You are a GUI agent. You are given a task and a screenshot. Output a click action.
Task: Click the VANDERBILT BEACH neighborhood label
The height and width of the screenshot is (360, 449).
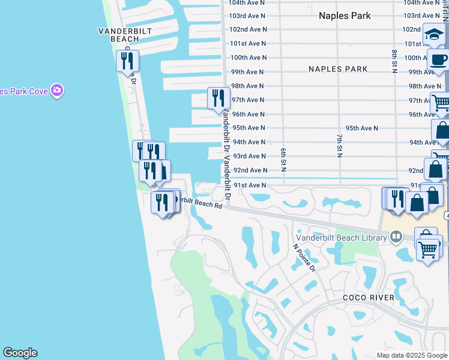click(x=125, y=35)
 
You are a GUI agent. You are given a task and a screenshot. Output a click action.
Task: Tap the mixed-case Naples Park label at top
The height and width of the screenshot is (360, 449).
click(x=345, y=16)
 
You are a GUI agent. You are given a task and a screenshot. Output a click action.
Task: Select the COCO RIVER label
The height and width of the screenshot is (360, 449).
click(x=369, y=298)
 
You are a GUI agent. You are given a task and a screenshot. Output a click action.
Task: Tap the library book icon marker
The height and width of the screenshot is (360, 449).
click(x=396, y=237)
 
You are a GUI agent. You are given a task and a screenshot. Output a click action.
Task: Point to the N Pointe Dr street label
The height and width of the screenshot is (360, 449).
click(x=304, y=257)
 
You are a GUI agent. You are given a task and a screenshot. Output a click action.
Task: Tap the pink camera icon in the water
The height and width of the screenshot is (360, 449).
click(x=58, y=91)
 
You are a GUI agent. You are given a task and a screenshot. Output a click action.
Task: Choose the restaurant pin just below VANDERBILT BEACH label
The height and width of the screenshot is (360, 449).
click(x=127, y=60)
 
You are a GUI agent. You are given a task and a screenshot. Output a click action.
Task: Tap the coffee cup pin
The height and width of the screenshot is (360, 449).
click(x=438, y=61)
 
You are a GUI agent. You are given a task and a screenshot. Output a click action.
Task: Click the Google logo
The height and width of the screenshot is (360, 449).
click(x=20, y=353)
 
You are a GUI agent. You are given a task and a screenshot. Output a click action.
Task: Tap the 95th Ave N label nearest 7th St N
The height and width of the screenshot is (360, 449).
click(x=361, y=128)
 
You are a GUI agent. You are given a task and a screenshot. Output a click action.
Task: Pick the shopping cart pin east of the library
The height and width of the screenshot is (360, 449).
click(x=429, y=247)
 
